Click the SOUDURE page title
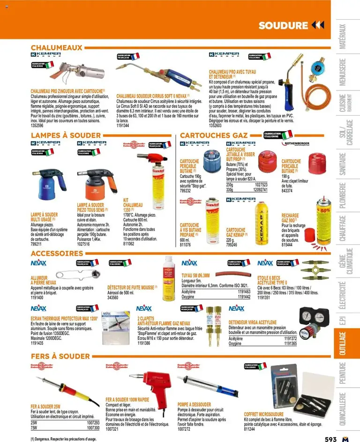click(x=283, y=25)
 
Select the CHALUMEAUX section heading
click(x=56, y=47)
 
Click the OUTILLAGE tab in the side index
click(x=343, y=345)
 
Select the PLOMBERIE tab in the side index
click(x=343, y=196)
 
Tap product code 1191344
click(x=123, y=126)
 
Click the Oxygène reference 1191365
click(x=290, y=343)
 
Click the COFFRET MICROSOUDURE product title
click(x=263, y=414)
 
